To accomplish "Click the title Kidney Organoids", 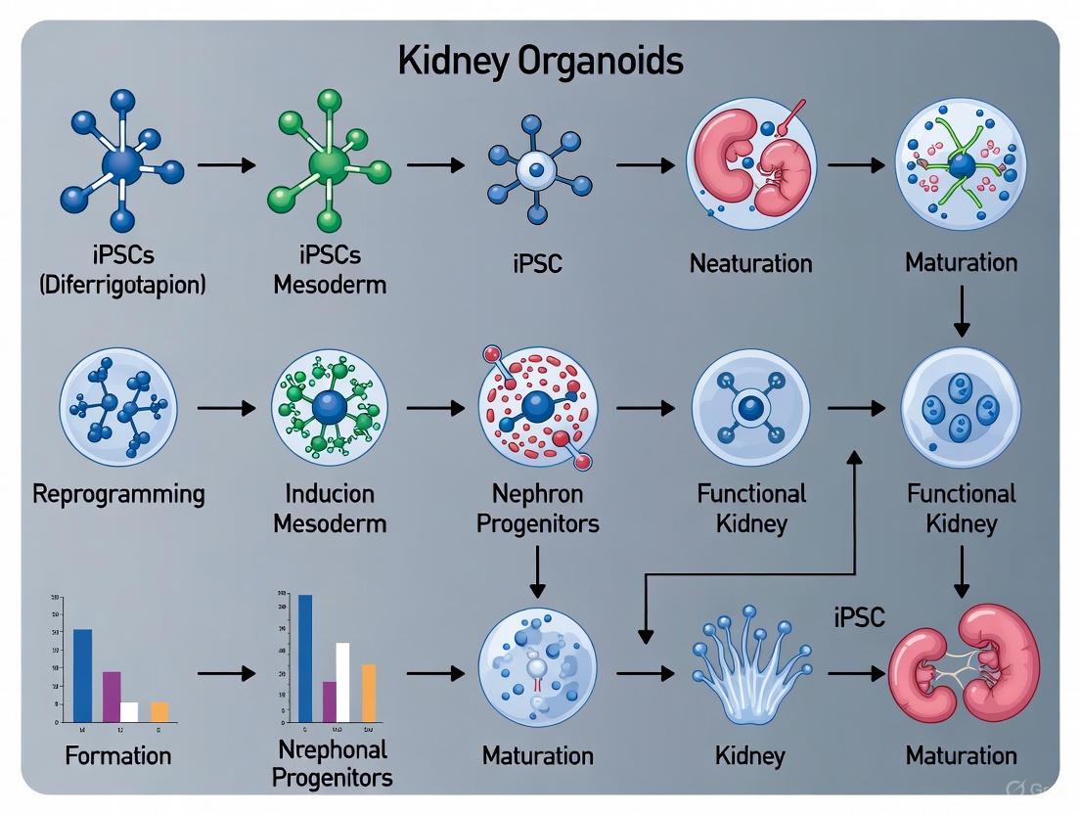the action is (x=540, y=62).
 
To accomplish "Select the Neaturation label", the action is (x=750, y=263).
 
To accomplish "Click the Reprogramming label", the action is (x=119, y=493).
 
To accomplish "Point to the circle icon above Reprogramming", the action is (x=118, y=406).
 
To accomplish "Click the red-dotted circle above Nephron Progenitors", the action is (x=537, y=406).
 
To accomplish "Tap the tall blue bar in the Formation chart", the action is (x=83, y=675).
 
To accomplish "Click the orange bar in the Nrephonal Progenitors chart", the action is (x=368, y=693).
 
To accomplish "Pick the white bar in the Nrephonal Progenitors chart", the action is (x=342, y=682).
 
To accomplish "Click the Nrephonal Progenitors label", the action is (x=332, y=764).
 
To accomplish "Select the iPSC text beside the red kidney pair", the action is (x=859, y=616).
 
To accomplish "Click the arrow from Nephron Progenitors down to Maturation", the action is (x=537, y=570).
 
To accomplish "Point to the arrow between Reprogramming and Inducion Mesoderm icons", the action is (x=225, y=406).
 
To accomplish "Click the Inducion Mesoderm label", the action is (x=330, y=507).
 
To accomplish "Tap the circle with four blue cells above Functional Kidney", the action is (x=961, y=406).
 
